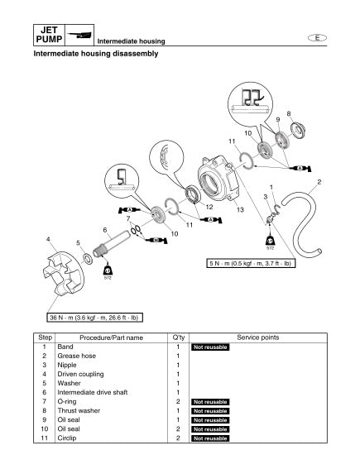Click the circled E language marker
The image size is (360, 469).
pyautogui.click(x=317, y=38)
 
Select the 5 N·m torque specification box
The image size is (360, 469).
pyautogui.click(x=249, y=264)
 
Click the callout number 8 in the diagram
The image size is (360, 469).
pyautogui.click(x=288, y=113)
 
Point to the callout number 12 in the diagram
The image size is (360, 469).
pyautogui.click(x=209, y=206)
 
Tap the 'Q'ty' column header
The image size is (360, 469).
pyautogui.click(x=177, y=337)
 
